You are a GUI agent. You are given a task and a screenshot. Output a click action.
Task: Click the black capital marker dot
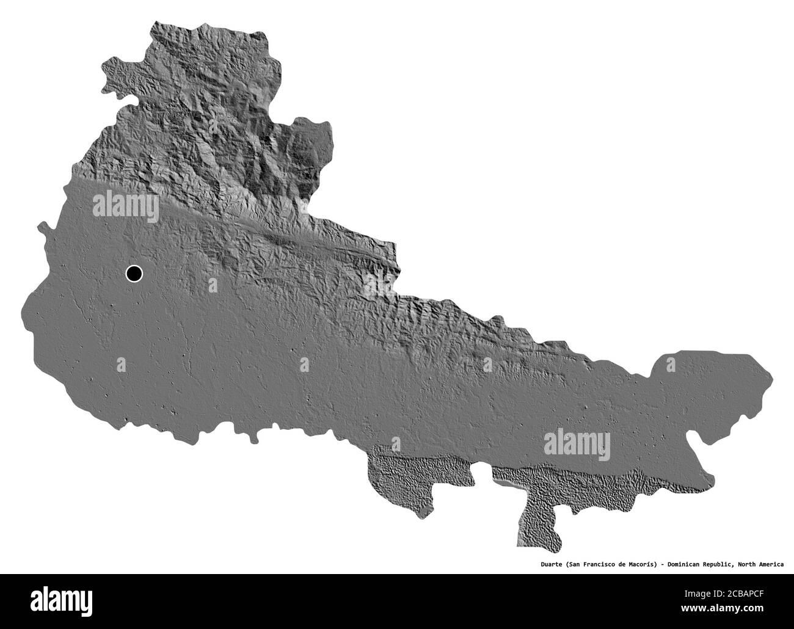134,274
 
